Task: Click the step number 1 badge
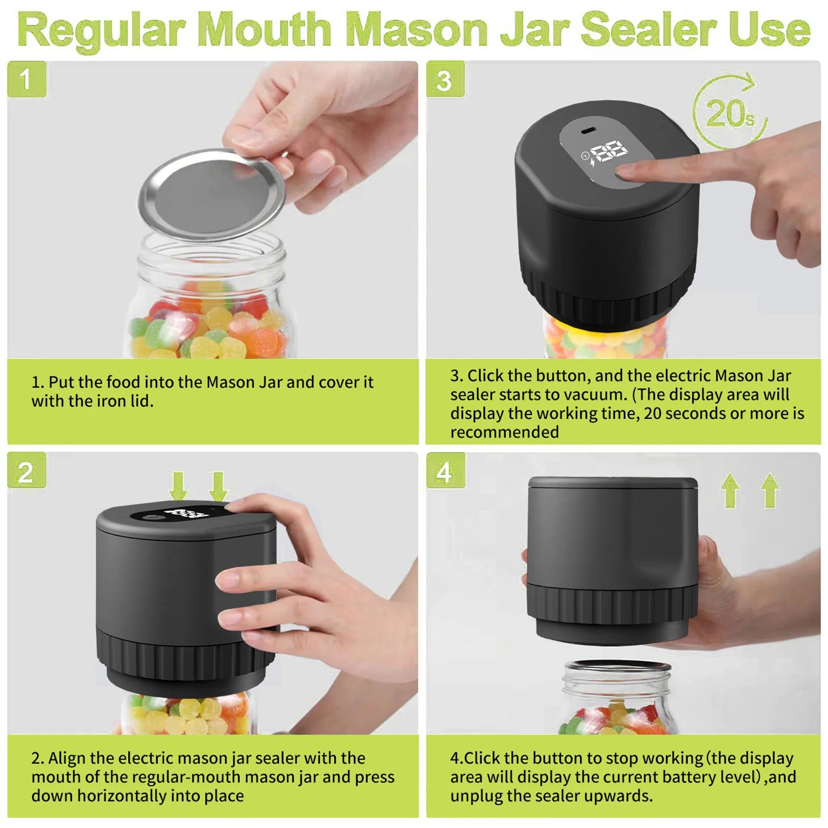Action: (x=26, y=79)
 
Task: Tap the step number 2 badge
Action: (x=26, y=471)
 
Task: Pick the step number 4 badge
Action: (x=445, y=471)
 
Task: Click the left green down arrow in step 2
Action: (x=179, y=485)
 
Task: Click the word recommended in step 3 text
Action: (x=505, y=432)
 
